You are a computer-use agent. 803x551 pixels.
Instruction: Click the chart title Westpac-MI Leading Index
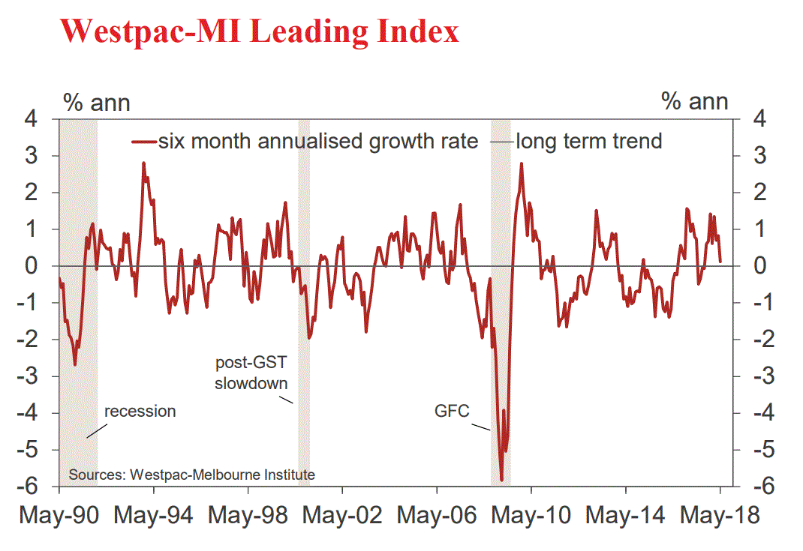coord(259,31)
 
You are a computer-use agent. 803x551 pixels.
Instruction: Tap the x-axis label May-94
coord(155,516)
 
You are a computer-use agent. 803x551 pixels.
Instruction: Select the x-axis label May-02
coord(343,516)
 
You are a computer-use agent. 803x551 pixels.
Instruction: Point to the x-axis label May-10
coord(531,516)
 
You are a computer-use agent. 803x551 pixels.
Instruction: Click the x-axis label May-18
coord(720,516)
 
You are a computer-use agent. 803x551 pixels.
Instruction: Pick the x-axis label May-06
coord(438,516)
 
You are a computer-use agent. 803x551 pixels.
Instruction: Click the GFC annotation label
coord(452,412)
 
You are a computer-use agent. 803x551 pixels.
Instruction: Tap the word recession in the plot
coord(140,411)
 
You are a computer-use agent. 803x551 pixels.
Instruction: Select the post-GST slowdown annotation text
coord(251,373)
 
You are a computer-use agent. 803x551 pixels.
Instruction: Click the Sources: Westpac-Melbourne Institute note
coord(192,475)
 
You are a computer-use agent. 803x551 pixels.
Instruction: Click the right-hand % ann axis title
coord(695,102)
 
